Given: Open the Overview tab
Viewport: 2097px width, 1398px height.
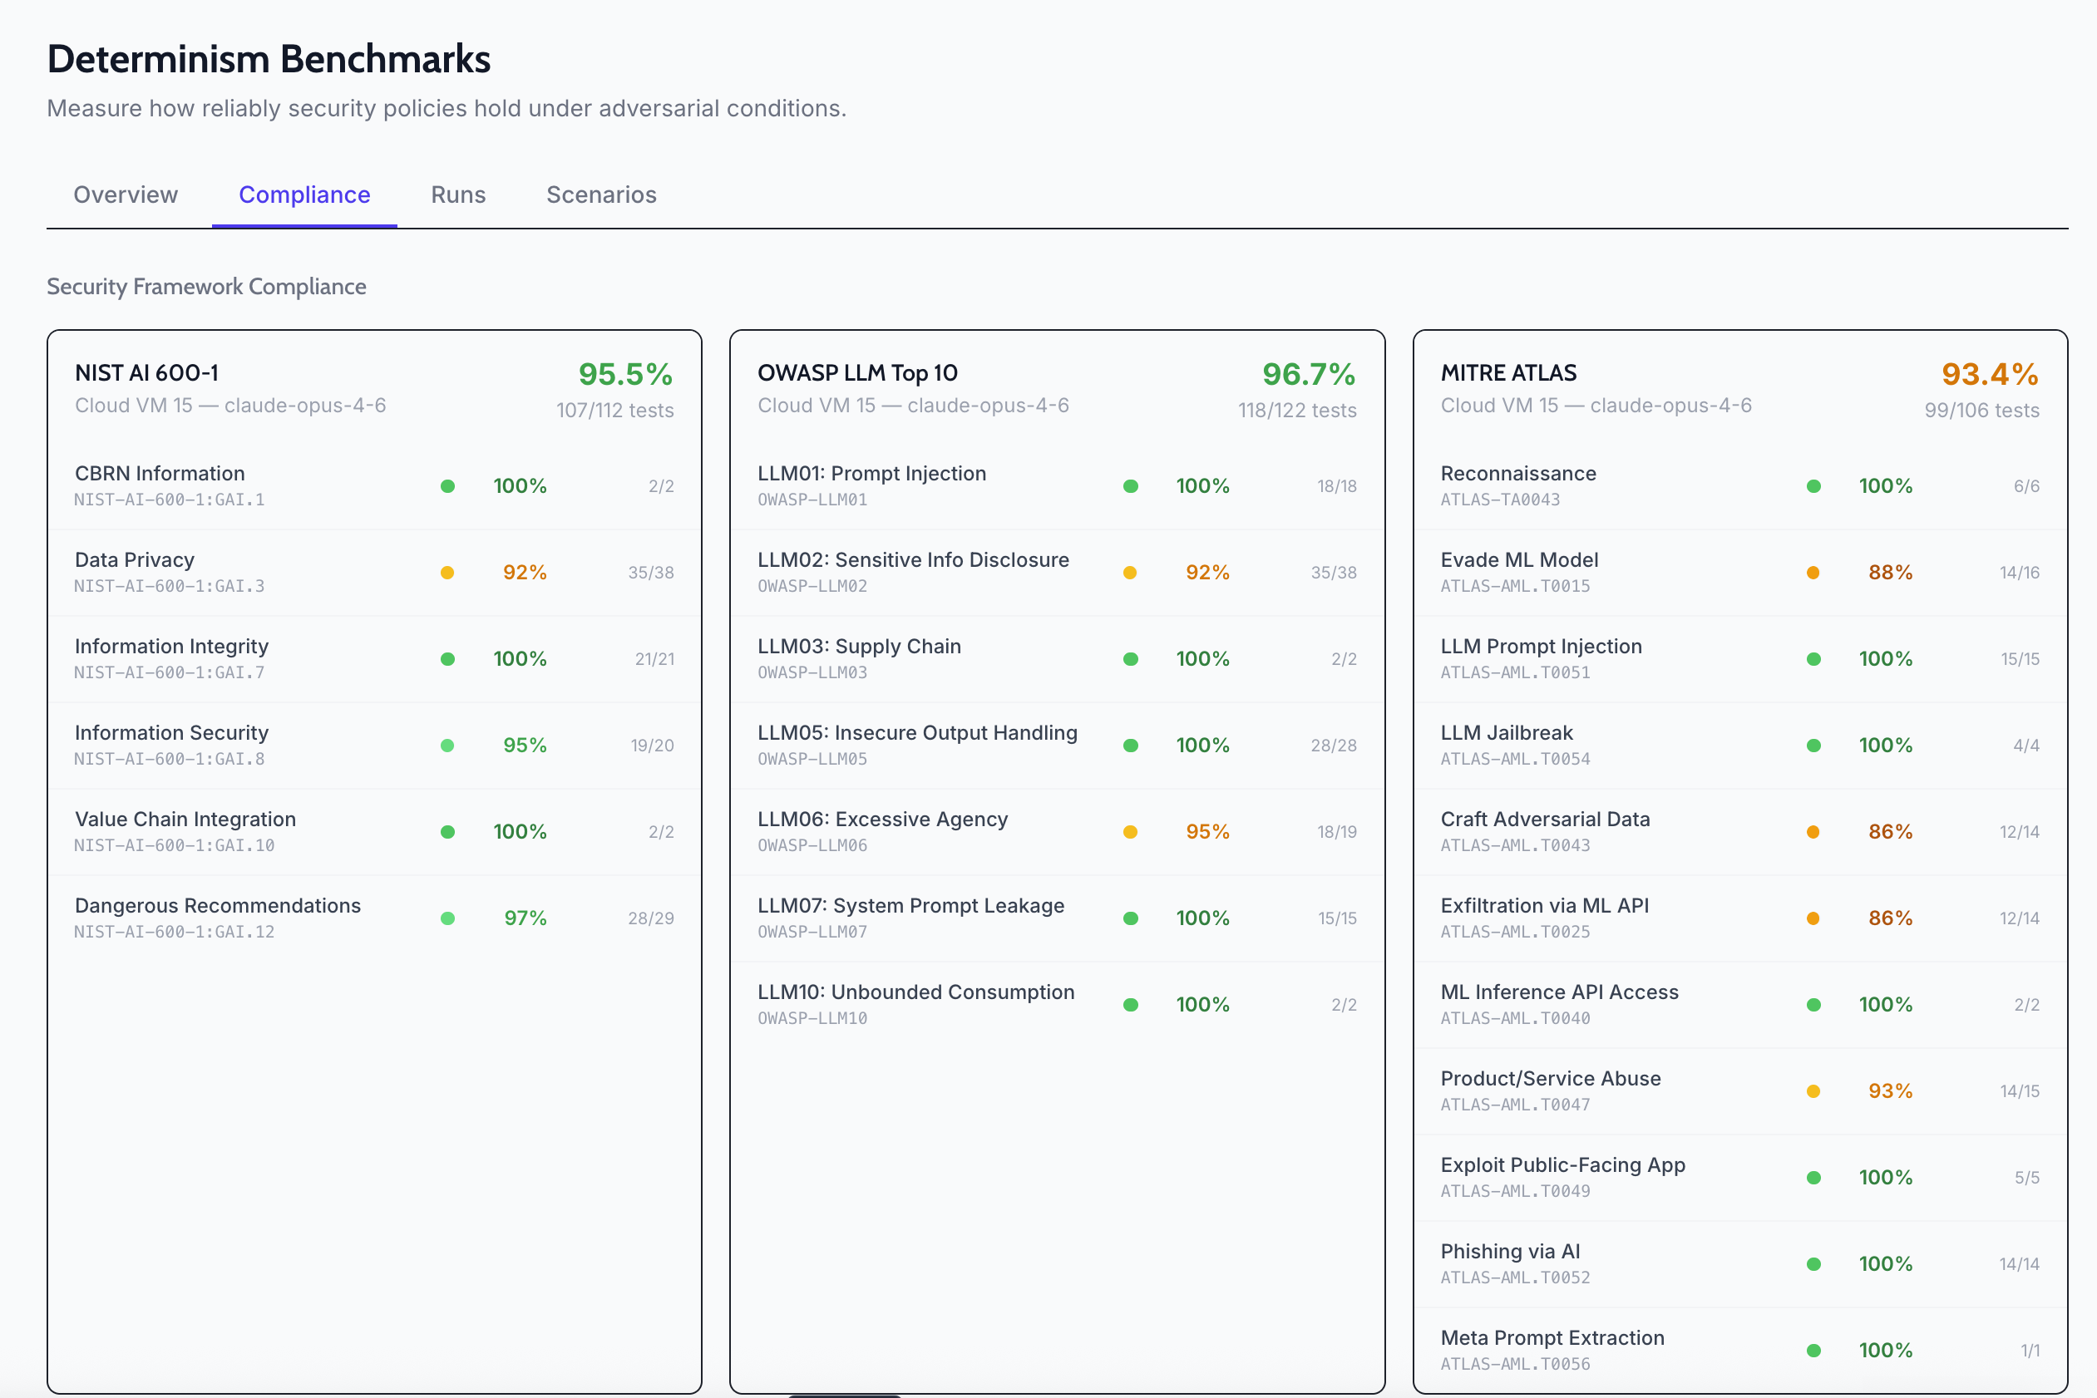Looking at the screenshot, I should point(126,194).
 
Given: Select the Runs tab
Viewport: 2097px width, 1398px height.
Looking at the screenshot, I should point(457,194).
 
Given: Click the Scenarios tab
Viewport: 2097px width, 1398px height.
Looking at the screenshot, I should point(601,194).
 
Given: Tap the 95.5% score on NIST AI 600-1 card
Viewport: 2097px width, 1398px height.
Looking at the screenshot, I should point(624,375).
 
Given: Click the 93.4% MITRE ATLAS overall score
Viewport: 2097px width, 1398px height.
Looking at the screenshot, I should point(1989,375).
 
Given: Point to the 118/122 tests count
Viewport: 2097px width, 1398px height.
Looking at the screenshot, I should point(1296,411).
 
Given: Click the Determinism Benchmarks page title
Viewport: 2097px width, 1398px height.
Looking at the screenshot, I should point(269,59).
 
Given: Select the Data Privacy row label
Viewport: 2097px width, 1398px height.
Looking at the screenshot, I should point(135,560).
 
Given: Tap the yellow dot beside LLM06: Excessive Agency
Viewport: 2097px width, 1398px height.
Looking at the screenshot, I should point(1130,832).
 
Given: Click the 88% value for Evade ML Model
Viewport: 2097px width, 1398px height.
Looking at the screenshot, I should point(1889,573).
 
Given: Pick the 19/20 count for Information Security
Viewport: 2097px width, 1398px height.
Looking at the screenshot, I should point(652,746).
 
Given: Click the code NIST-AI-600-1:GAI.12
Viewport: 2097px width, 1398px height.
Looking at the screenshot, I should point(174,932).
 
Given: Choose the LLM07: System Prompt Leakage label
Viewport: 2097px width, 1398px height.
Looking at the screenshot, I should point(910,906).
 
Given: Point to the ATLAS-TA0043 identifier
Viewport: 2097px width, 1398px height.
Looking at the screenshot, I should point(1499,500).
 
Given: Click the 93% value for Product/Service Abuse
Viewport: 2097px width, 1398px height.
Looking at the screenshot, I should point(1889,1091).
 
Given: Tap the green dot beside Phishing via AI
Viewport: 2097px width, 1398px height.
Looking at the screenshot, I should point(1813,1264).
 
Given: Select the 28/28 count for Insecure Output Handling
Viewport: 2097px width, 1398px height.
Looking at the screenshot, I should point(1333,746).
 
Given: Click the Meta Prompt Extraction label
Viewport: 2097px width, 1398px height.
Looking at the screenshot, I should point(1552,1338).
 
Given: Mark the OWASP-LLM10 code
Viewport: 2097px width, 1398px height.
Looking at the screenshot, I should point(812,1018).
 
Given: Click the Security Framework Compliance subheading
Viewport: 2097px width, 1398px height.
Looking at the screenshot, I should point(206,287).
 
